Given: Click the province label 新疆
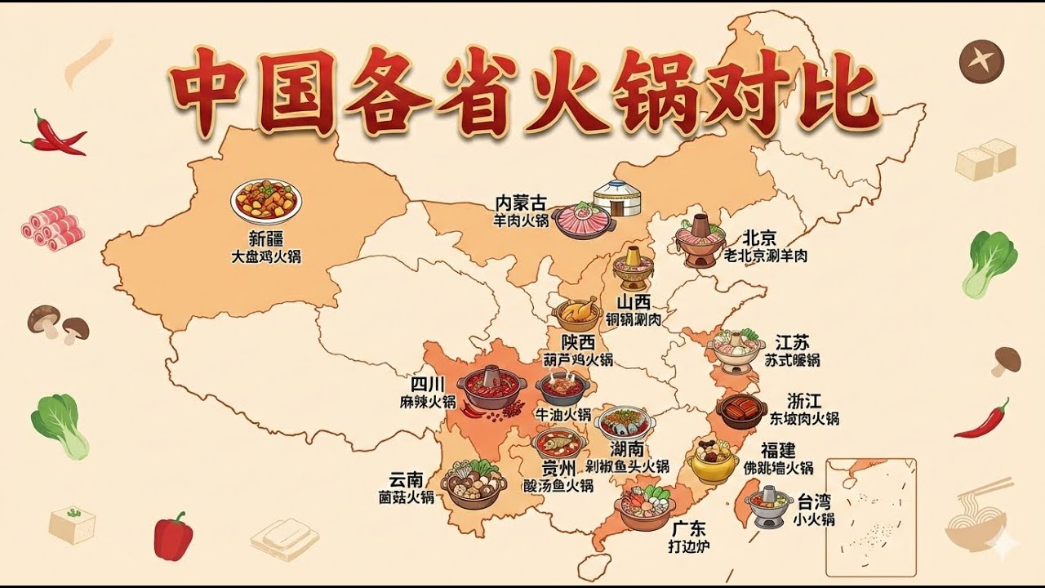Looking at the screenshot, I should pos(266,239).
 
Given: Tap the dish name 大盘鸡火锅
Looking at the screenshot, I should pos(266,256).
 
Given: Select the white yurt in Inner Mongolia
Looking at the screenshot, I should pos(614,198).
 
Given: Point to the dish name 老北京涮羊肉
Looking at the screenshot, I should pos(766,256).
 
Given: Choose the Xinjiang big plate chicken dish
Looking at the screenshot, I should pos(266,201).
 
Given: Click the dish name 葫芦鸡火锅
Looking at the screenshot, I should pos(578,359).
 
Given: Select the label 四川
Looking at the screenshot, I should pos(427,384).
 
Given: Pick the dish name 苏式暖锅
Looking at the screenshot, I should pos(793,359).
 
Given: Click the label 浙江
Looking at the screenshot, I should pos(804,401).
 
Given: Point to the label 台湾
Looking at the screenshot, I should pos(814,501).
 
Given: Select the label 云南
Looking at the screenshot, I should pos(406,479).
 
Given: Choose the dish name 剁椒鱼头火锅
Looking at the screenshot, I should pos(628,466).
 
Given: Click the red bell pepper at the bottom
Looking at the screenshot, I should pos(174,536).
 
